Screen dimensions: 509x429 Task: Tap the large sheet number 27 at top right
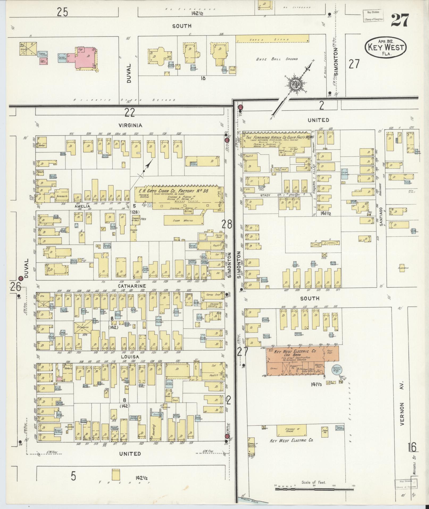pyautogui.click(x=399, y=20)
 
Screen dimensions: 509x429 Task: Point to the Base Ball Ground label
pyautogui.click(x=277, y=59)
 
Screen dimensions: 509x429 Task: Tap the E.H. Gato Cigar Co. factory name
pyautogui.click(x=172, y=191)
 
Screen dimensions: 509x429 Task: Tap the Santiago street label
pyautogui.click(x=381, y=216)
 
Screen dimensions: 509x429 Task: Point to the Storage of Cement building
pyautogui.click(x=291, y=429)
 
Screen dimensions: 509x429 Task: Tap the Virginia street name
pyautogui.click(x=131, y=125)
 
